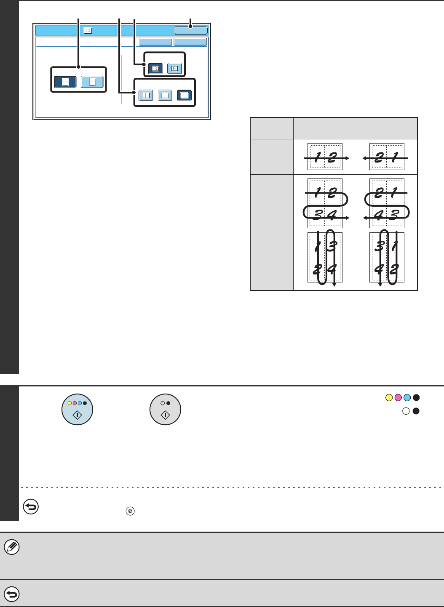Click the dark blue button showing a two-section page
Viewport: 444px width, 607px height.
[65, 82]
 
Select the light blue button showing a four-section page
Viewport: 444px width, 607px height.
[92, 82]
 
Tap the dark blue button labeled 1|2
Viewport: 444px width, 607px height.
[155, 69]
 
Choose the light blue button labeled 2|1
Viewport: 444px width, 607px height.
[174, 69]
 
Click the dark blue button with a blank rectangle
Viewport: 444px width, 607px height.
[185, 96]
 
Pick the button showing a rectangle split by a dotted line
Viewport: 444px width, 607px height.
[165, 96]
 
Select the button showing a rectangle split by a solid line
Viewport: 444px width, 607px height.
[146, 96]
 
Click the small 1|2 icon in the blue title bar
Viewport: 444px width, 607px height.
[88, 31]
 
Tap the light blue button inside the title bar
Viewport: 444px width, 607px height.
[191, 30]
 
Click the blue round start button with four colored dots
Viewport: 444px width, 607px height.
[78, 409]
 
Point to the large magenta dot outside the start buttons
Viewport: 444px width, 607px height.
[398, 397]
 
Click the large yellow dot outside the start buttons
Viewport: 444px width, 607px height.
[389, 397]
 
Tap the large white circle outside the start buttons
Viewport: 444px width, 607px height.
[406, 411]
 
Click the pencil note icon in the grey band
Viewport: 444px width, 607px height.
[12, 547]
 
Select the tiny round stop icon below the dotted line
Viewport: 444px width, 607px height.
[130, 511]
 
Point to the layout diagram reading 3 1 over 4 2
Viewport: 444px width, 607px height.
[387, 258]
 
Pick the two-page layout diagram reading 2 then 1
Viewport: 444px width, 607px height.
[386, 157]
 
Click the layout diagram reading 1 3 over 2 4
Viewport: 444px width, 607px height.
[325, 258]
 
